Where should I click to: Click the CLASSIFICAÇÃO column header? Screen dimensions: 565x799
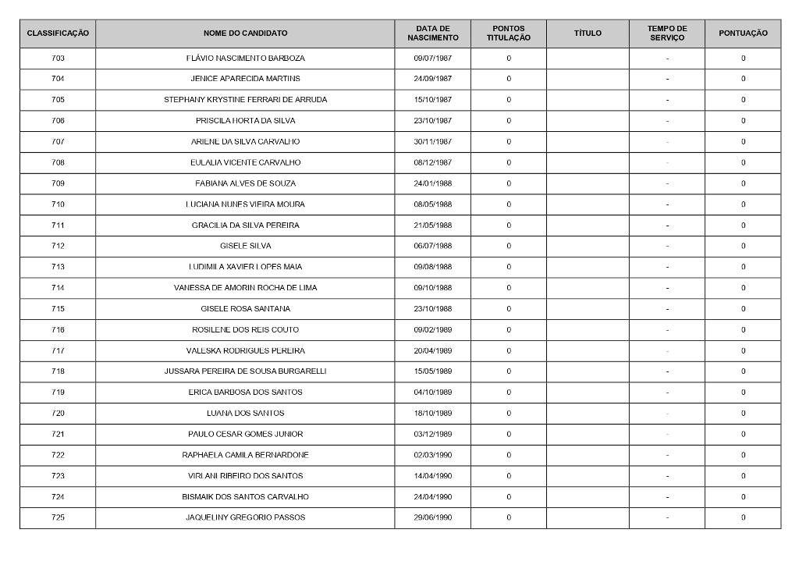[58, 34]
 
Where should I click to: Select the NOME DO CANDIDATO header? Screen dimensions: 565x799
[245, 34]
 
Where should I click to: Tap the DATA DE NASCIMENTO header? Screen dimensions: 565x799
[432, 34]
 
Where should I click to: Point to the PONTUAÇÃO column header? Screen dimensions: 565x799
[743, 34]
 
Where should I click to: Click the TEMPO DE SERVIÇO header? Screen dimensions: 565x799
[666, 34]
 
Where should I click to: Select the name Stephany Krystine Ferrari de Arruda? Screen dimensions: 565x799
[245, 100]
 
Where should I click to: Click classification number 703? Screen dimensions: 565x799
[58, 59]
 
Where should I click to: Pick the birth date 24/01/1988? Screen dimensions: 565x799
[432, 183]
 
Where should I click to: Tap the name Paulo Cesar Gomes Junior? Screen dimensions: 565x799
[245, 434]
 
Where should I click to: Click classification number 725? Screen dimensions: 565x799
[58, 517]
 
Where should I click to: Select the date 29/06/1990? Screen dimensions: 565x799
[432, 517]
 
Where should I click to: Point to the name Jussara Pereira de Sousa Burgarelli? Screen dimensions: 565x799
[245, 371]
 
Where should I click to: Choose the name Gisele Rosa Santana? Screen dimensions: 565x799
[245, 309]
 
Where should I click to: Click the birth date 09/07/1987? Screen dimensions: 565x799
[432, 59]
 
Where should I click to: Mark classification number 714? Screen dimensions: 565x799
[58, 288]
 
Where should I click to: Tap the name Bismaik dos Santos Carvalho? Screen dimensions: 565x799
[245, 497]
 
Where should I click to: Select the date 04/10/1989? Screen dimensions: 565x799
[432, 393]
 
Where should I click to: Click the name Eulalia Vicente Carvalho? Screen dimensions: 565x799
[245, 162]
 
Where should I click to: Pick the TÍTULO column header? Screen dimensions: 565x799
[588, 34]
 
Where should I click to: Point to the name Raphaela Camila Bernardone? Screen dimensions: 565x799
[245, 455]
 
